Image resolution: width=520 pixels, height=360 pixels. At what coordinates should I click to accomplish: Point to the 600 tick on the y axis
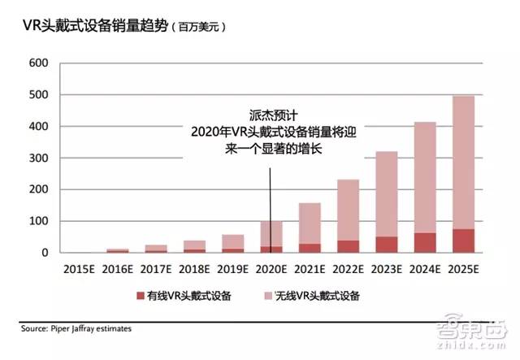tap(38, 63)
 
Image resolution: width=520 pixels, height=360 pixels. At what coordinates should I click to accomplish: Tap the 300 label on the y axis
tap(38, 158)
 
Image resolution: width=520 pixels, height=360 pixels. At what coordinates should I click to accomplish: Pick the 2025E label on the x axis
tap(463, 268)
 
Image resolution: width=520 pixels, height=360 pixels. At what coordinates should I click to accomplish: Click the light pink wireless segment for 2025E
tap(463, 163)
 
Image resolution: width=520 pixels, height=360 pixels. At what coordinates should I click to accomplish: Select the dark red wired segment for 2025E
tap(463, 241)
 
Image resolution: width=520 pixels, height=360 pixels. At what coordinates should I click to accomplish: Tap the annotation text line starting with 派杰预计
tap(268, 115)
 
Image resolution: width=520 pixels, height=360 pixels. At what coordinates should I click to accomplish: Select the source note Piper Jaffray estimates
tap(76, 329)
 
